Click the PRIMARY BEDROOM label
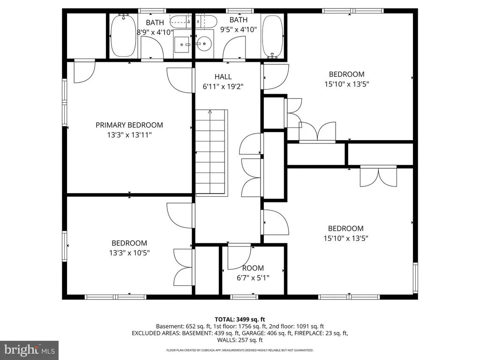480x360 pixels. coord(129,125)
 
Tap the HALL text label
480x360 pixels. coord(223,77)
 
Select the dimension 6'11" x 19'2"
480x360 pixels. coord(223,87)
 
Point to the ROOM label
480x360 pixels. coord(253,268)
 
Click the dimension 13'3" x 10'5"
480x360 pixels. coord(129,253)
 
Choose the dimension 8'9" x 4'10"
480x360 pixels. coord(155,32)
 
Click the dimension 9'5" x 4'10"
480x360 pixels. coord(239,30)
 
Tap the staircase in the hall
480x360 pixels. coord(211,152)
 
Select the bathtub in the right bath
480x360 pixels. coord(272,36)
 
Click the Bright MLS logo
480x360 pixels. coord(29,350)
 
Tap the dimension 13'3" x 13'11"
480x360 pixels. coord(129,135)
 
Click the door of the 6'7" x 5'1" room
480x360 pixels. coord(239,258)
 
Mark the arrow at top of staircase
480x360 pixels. coord(210,112)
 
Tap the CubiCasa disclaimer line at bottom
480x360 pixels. coord(240,350)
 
